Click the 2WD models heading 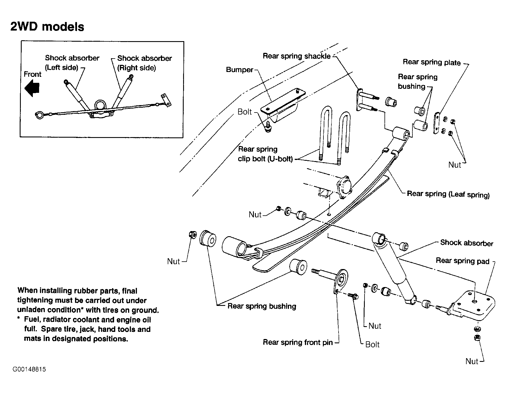tap(47, 27)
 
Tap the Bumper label tap(240, 70)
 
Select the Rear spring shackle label tap(297, 56)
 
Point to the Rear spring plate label tap(432, 62)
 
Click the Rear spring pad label tap(462, 261)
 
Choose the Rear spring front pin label tap(298, 342)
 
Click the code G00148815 tap(29, 369)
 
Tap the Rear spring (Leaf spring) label tap(448, 194)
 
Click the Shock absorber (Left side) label tap(72, 63)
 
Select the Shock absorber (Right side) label tap(145, 63)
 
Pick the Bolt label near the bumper tap(244, 112)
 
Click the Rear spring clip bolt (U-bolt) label tap(265, 154)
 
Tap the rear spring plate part tap(436, 123)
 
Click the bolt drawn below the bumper tap(268, 127)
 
